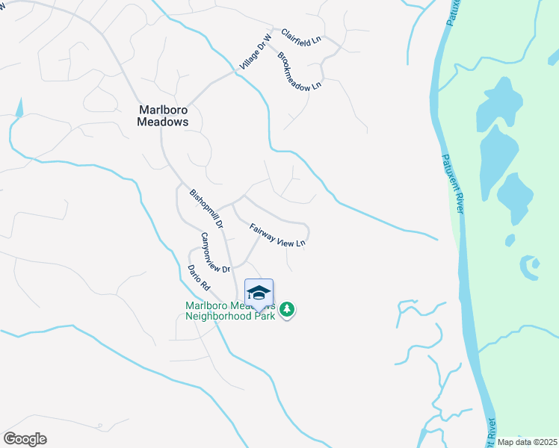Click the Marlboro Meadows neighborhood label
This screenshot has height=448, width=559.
[163, 115]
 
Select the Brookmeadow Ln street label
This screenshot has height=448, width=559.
[299, 72]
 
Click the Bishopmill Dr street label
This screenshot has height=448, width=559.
[206, 208]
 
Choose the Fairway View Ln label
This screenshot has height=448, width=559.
[277, 236]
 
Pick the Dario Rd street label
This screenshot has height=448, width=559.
[200, 278]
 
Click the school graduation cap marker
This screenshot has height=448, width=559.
[259, 292]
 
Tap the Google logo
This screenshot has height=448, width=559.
[25, 439]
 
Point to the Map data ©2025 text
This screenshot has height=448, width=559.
[527, 442]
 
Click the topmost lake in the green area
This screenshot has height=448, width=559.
[498, 103]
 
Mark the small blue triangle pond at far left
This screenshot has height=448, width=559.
[19, 108]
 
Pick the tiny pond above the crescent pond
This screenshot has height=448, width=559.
[510, 240]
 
